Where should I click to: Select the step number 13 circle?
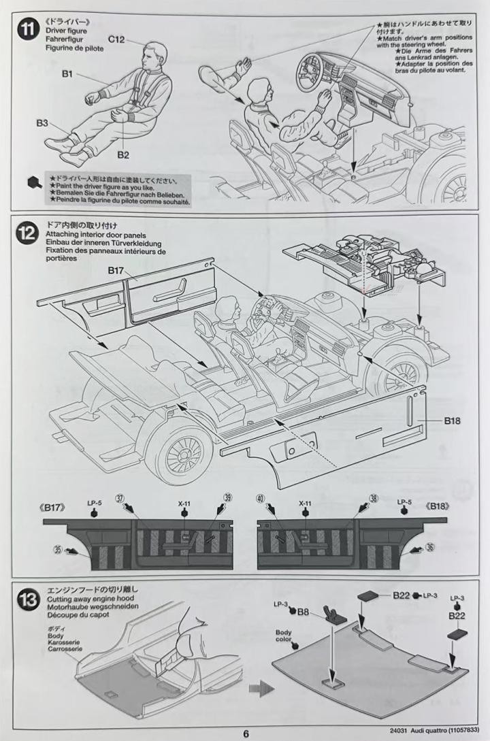pyautogui.click(x=28, y=599)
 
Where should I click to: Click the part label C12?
pyautogui.click(x=116, y=39)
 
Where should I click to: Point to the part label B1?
pyautogui.click(x=67, y=73)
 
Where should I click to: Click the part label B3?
pyautogui.click(x=42, y=123)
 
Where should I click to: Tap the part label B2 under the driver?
pyautogui.click(x=123, y=154)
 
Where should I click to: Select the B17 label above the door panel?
pyautogui.click(x=116, y=270)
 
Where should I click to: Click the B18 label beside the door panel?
pyautogui.click(x=452, y=420)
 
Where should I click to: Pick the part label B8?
pyautogui.click(x=303, y=612)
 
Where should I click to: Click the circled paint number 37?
pyautogui.click(x=120, y=499)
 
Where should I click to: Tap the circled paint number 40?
pyautogui.click(x=261, y=499)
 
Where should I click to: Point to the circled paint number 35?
pyautogui.click(x=59, y=549)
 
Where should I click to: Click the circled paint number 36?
pyautogui.click(x=429, y=547)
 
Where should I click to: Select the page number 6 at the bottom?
pyautogui.click(x=246, y=734)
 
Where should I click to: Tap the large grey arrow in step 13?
pyautogui.click(x=261, y=689)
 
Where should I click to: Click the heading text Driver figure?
pyautogui.click(x=66, y=31)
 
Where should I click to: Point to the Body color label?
pyautogui.click(x=284, y=636)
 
